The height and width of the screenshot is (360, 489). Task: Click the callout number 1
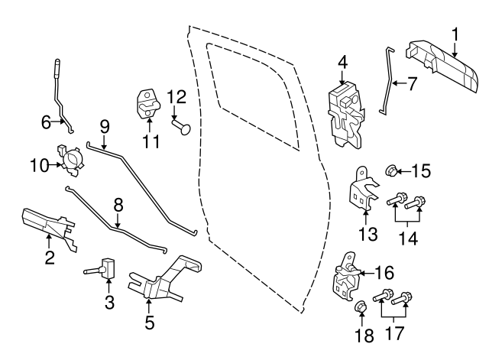pos(455,35)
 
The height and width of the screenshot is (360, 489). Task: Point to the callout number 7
pos(412,83)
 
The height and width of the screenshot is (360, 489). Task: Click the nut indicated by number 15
pos(390,170)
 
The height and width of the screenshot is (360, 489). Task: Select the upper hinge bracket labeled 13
pos(363,188)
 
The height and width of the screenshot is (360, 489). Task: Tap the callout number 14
pos(409,238)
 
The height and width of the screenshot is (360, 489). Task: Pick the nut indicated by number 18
pos(360,307)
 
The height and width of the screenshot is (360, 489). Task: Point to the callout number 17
pos(394,332)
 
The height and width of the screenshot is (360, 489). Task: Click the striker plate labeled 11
pos(148,104)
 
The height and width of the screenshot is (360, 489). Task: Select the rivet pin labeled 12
pos(181,128)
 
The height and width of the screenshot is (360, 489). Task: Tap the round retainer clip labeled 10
pos(71,160)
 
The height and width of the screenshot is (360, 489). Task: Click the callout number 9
pos(105,128)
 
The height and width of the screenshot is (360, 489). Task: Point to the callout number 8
pos(118,206)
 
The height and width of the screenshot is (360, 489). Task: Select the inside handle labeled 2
pos(49,229)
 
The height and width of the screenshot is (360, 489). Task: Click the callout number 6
pos(46,122)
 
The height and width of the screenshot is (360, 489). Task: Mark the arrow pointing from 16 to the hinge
pos(366,274)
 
